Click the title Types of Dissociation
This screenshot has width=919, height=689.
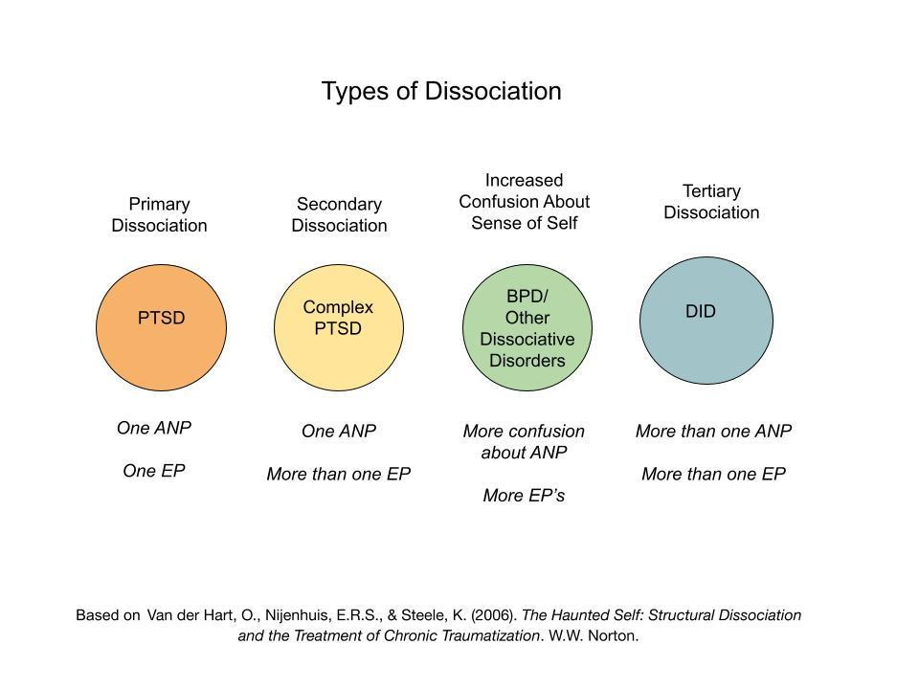[x=441, y=92]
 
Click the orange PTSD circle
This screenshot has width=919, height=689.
[x=161, y=327]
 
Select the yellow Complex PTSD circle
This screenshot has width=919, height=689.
[x=339, y=327]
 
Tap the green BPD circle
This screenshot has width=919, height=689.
[x=527, y=327]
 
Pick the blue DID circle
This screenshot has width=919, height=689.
[x=706, y=321]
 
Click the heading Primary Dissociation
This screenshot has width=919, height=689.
[x=160, y=215]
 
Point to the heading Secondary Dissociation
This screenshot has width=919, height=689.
[x=339, y=215]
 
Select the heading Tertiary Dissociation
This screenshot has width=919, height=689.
[x=711, y=202]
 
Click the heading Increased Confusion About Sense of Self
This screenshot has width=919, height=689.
[x=524, y=202]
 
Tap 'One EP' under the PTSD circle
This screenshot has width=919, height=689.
[x=154, y=471]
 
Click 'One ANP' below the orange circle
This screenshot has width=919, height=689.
[x=154, y=429]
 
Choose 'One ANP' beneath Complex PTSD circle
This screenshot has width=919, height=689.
[x=339, y=432]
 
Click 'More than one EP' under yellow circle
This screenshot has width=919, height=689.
[x=339, y=474]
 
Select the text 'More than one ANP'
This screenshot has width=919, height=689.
[x=714, y=432]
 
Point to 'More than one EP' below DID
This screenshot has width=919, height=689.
[x=714, y=474]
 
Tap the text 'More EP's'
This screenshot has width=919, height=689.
[x=524, y=496]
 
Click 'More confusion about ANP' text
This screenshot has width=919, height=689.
[x=524, y=442]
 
